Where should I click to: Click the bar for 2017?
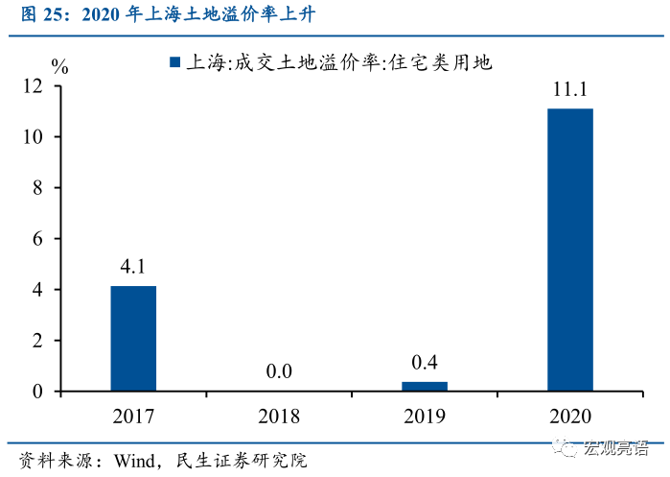click(133, 338)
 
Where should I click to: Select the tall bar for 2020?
click(569, 250)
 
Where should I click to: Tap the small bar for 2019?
click(425, 386)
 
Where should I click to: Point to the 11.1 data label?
click(569, 91)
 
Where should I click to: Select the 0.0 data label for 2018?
click(279, 371)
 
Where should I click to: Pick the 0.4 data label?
click(424, 363)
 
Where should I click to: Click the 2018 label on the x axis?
click(279, 416)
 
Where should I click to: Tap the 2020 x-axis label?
click(569, 416)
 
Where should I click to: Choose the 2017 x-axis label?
click(133, 416)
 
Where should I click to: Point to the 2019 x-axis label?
click(425, 416)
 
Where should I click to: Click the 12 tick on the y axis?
click(34, 86)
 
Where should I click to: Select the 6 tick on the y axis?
click(38, 239)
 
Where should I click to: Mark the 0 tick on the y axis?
click(38, 392)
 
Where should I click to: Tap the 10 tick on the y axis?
click(34, 137)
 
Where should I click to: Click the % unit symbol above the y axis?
click(59, 67)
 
